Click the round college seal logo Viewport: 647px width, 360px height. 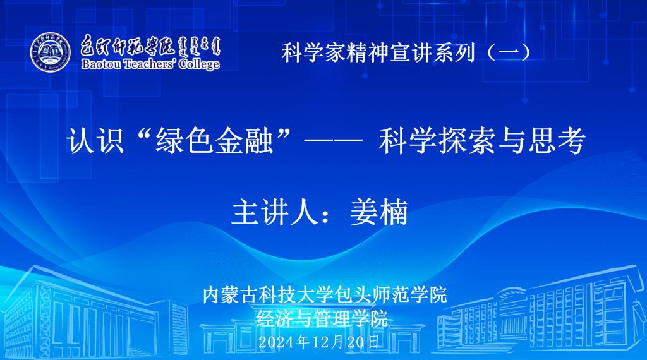point(51,52)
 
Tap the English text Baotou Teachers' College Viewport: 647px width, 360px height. point(150,64)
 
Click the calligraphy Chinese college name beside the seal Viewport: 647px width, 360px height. point(128,45)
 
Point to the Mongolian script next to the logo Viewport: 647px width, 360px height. point(200,46)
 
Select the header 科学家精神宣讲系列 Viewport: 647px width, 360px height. point(378,53)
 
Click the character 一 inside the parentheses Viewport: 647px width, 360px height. point(509,53)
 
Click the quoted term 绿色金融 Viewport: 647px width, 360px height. point(215,141)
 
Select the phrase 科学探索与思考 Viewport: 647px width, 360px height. point(482,141)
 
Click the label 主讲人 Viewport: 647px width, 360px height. point(275,212)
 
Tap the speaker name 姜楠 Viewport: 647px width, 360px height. point(379,212)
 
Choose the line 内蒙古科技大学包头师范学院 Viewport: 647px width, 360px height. point(325,295)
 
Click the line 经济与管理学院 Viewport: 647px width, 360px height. point(322,318)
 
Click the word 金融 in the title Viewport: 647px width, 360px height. point(244,141)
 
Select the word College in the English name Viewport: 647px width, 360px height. point(199,64)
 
